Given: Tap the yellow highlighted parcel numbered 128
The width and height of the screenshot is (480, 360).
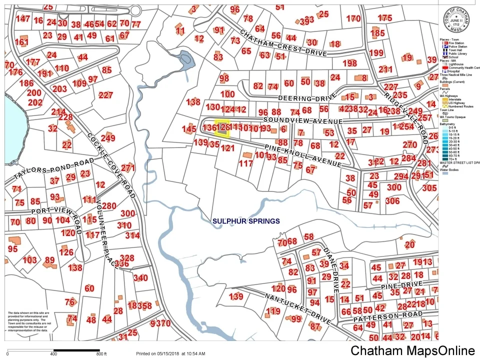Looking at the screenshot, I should pyautogui.click(x=222, y=127).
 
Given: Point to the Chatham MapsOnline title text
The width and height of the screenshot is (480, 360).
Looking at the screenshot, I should pyautogui.click(x=412, y=350).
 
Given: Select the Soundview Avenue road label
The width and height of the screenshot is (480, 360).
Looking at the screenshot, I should pyautogui.click(x=302, y=121).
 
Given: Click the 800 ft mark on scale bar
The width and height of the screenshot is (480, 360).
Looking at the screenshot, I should pyautogui.click(x=101, y=354).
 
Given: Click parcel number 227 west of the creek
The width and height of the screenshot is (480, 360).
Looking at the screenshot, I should pyautogui.click(x=105, y=95).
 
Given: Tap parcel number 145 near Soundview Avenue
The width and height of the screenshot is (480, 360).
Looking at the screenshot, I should pyautogui.click(x=188, y=129).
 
